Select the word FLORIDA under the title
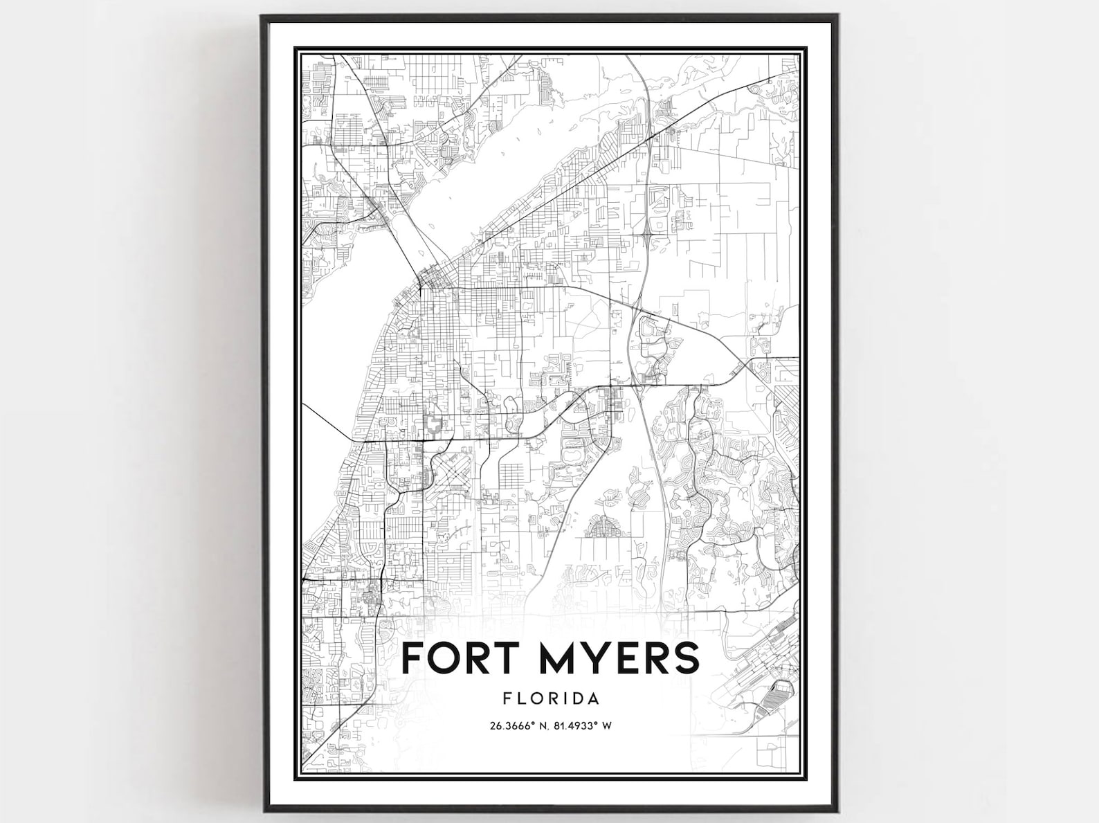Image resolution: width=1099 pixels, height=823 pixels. tap(551, 698)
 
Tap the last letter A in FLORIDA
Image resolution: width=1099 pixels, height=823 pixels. tap(594, 698)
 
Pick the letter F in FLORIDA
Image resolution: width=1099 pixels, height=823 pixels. tap(508, 698)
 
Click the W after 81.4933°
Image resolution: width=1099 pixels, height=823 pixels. tap(610, 726)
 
